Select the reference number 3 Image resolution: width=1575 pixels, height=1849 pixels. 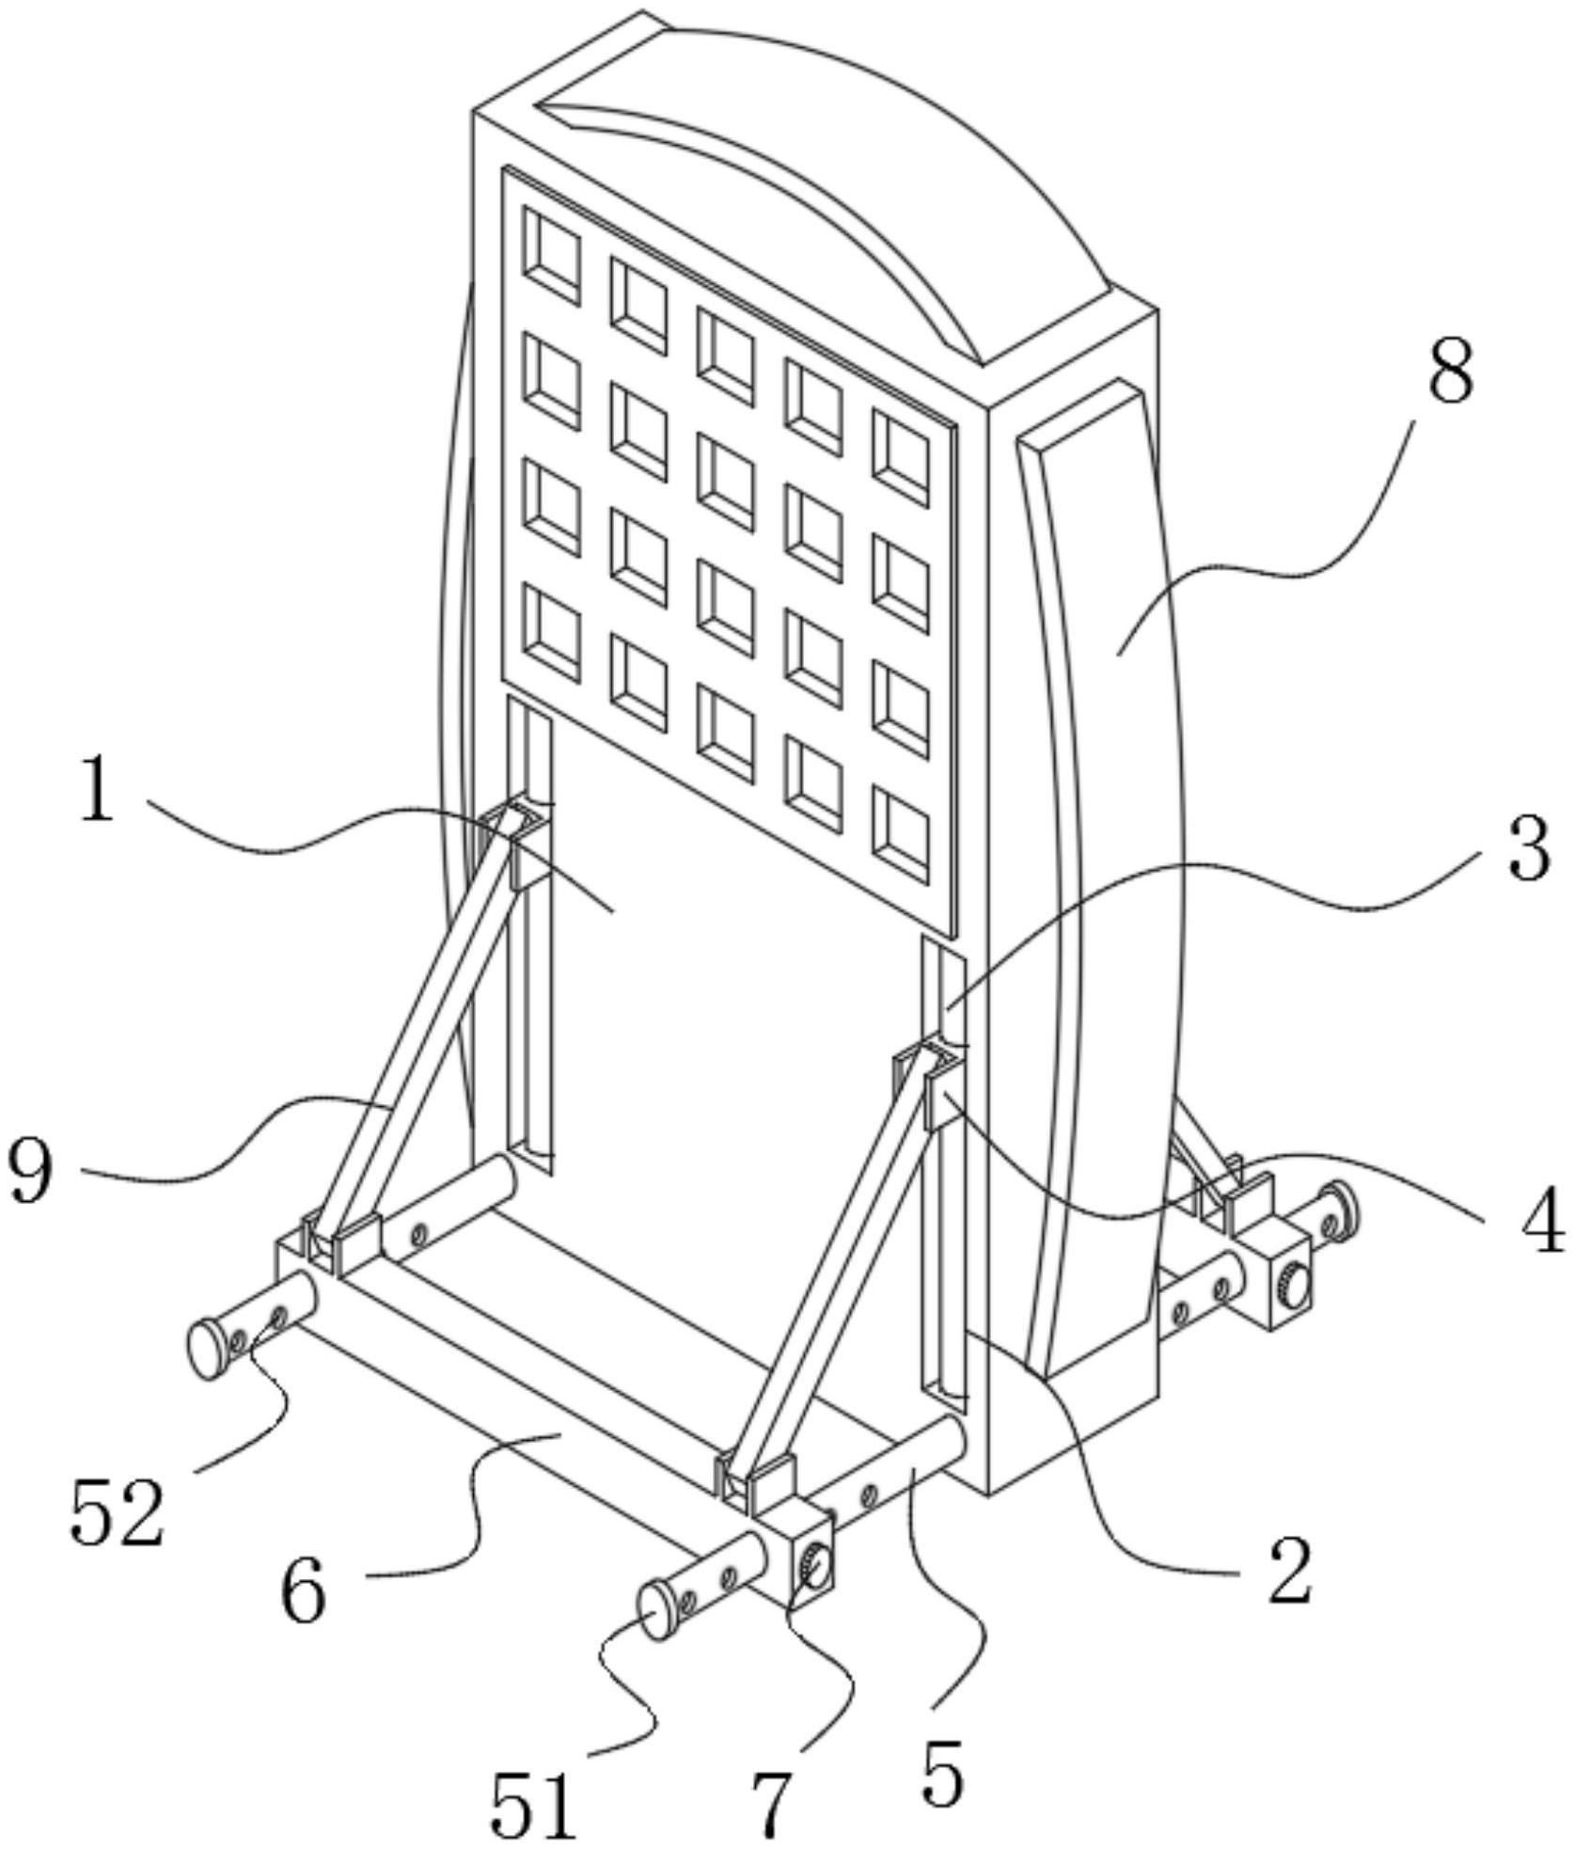[x=1528, y=848]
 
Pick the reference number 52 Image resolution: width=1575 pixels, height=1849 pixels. [x=118, y=1511]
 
